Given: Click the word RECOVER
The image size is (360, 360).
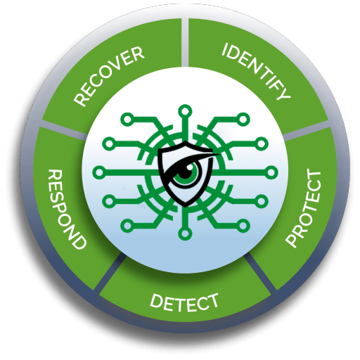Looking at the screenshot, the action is [x=109, y=76].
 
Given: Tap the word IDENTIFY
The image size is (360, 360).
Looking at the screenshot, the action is [x=256, y=71].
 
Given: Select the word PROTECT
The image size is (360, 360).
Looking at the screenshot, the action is [x=303, y=209].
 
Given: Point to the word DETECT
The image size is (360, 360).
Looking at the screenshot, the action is [x=184, y=302].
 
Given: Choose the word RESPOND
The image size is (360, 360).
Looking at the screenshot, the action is [x=67, y=210].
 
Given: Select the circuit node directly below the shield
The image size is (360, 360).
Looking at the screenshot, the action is [x=185, y=233].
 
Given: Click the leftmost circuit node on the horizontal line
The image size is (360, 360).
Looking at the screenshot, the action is [x=100, y=172].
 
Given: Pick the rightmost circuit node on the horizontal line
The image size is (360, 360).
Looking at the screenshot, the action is [x=271, y=172].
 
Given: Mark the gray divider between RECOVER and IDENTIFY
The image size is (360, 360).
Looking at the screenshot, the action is [x=185, y=42].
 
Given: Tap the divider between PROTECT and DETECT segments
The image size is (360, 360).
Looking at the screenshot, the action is [x=261, y=273].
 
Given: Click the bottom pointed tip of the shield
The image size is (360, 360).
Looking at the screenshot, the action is [x=185, y=207].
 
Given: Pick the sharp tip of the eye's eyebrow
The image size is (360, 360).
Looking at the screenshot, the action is [x=220, y=154].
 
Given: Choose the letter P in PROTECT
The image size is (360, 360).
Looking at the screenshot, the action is [x=292, y=240].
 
